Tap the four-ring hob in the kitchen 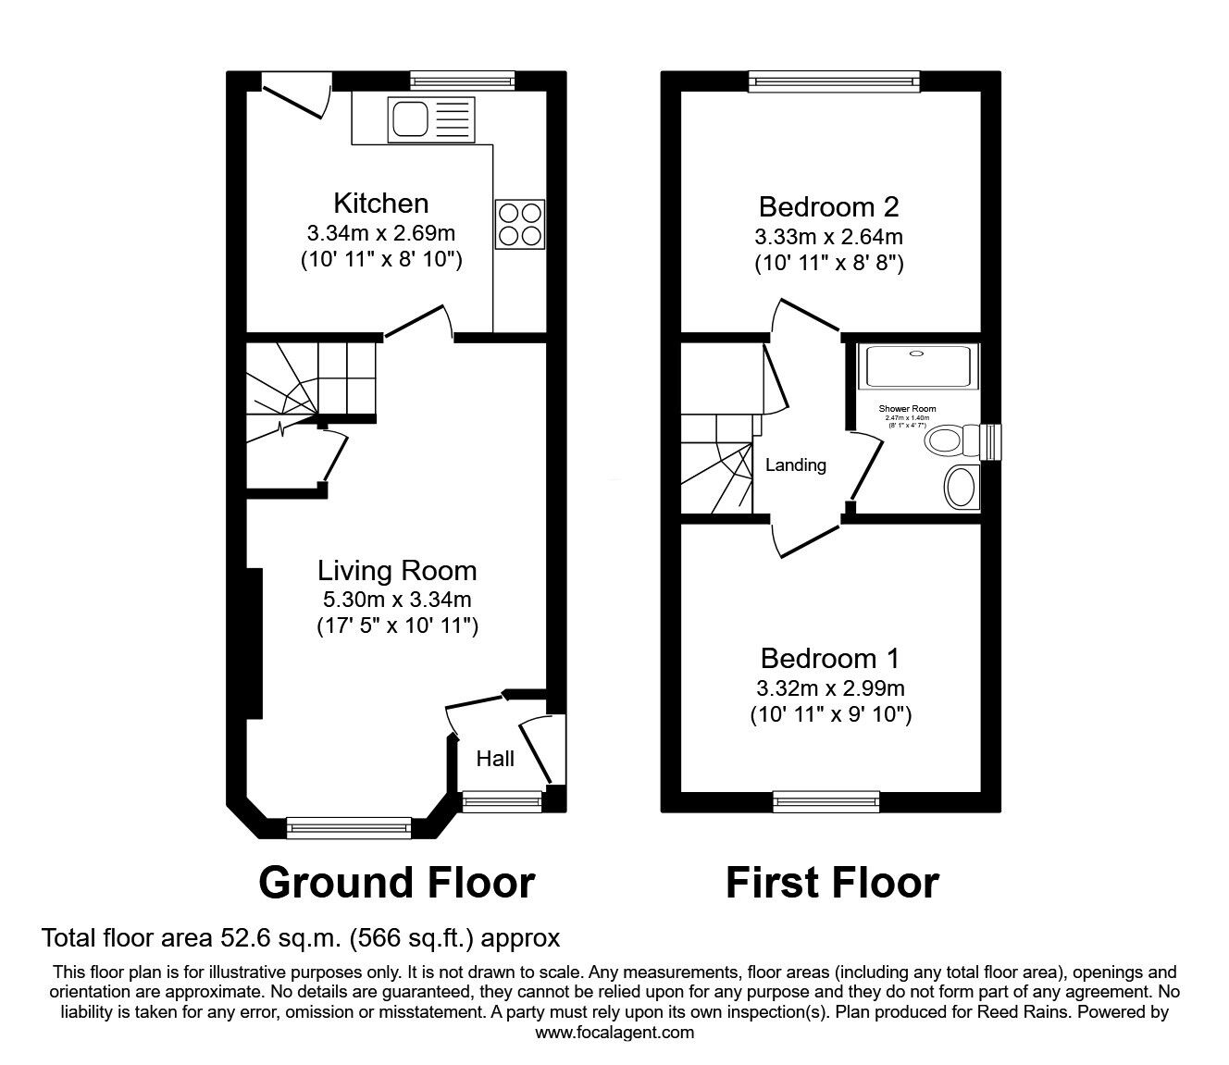coord(519,224)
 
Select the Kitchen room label coord(380,203)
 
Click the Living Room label coord(397,570)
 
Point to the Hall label coord(495,759)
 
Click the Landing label coord(796,464)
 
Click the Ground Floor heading coord(397,882)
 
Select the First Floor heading coord(832,882)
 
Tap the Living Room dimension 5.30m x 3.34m coord(397,600)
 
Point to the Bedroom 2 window coord(835,81)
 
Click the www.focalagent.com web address coord(615,1032)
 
